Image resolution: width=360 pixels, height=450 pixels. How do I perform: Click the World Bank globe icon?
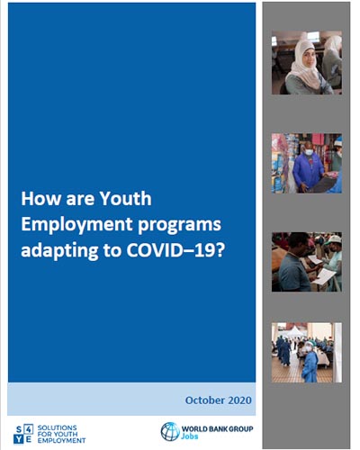pos(170,430)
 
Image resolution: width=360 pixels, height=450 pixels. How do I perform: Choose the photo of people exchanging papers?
pos(306,262)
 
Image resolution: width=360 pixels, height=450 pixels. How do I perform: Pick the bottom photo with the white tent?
pos(306,353)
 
